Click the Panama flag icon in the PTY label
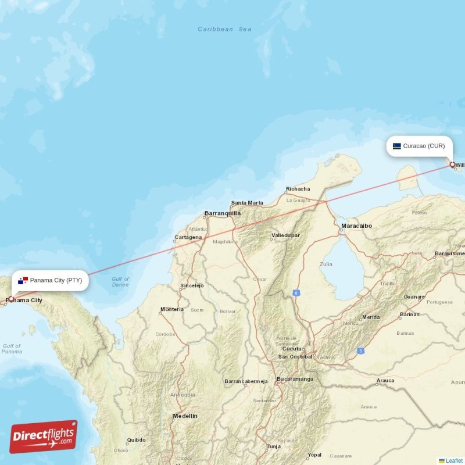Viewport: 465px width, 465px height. tap(23, 281)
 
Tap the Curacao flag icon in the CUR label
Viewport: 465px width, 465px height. tap(396, 146)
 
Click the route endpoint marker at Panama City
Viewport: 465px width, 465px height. tap(10, 299)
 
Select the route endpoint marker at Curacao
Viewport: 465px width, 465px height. tap(452, 164)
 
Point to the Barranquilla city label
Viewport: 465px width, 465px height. tap(223, 213)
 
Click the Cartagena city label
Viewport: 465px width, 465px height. tap(188, 237)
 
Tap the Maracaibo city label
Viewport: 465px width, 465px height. tap(356, 226)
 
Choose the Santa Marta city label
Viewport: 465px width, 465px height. tap(247, 203)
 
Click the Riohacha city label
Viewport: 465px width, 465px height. tap(298, 189)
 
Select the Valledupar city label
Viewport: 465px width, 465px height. tap(285, 235)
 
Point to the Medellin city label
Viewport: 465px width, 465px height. tap(185, 416)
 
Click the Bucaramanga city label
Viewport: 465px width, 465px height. tap(295, 379)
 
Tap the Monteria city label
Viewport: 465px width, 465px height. tap(172, 309)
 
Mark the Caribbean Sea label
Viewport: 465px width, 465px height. tap(224, 29)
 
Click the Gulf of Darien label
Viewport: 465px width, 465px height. tap(120, 282)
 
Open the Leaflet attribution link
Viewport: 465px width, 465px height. tap(454, 460)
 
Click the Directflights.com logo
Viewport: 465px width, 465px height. tap(44, 437)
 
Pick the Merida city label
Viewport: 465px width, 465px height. tap(371, 317)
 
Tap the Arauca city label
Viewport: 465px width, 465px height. tap(385, 381)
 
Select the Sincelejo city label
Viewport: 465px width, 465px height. tap(192, 285)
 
